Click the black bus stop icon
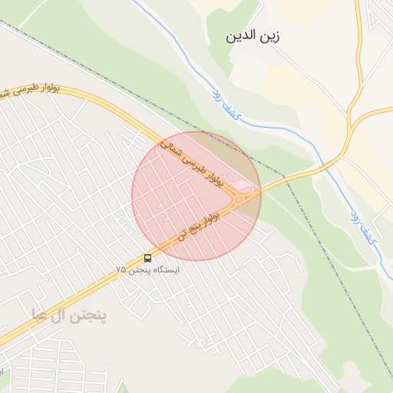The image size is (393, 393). tap(147, 258)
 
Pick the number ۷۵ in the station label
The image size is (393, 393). tap(121, 270)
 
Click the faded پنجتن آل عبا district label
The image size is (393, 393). tap(69, 314)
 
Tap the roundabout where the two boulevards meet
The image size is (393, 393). tap(239, 199)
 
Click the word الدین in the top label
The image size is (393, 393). tap(239, 36)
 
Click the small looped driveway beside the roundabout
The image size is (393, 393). tap(243, 185)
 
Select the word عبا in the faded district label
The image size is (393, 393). tap(39, 314)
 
